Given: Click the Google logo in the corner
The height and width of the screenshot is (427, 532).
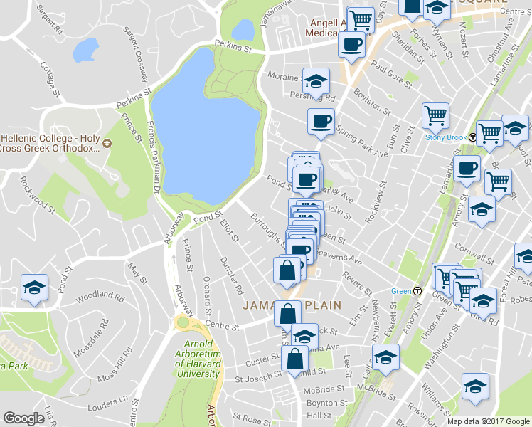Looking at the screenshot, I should [24, 418].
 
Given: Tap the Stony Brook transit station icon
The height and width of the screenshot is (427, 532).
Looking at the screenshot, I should [473, 137].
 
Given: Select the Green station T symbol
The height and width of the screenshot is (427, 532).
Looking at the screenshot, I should [417, 290].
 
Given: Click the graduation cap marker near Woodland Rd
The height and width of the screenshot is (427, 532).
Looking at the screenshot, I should [34, 287].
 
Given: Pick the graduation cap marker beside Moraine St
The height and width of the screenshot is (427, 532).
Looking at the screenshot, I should [316, 80].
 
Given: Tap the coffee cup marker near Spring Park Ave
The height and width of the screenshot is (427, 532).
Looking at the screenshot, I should [320, 121].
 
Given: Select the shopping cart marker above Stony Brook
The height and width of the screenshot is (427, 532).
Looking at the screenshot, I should [435, 115].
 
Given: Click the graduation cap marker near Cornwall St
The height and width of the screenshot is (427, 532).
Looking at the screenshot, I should [482, 209].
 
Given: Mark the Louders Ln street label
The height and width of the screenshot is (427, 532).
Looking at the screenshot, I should [108, 406].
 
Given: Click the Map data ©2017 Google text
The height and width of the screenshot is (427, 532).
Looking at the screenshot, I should [488, 421].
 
